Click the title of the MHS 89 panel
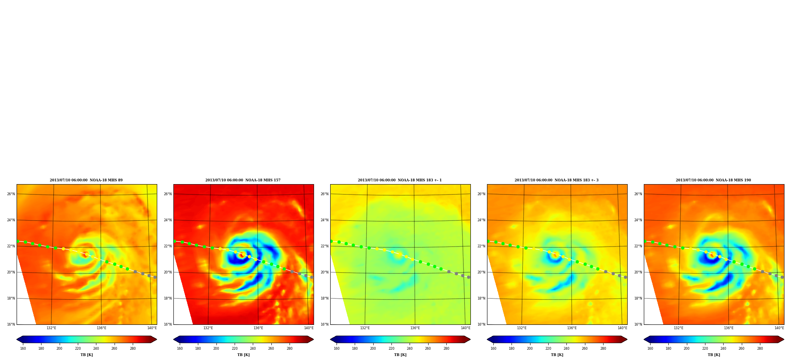coord(86,180)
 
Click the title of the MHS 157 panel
coord(243,180)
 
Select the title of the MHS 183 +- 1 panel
coord(400,180)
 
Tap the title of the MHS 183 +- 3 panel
coord(557,180)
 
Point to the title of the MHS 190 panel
coord(713,180)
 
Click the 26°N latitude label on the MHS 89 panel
coord(11,194)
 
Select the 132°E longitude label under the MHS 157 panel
coord(208,328)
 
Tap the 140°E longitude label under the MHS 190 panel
coord(779,328)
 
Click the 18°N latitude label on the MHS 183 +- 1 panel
coord(325,298)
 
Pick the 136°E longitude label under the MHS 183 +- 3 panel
coord(572,328)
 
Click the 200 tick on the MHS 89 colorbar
coord(59,349)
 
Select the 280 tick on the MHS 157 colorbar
coord(290,349)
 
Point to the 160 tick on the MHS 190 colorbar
coord(650,349)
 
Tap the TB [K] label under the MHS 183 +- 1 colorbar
coord(400,355)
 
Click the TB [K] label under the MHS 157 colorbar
coord(243,355)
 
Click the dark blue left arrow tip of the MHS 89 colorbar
coord(17,339)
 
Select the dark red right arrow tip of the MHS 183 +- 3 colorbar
coord(627,339)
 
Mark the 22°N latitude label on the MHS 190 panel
coord(638,246)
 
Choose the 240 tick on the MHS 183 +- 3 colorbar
coord(566,349)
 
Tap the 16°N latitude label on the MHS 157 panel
coord(168,324)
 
